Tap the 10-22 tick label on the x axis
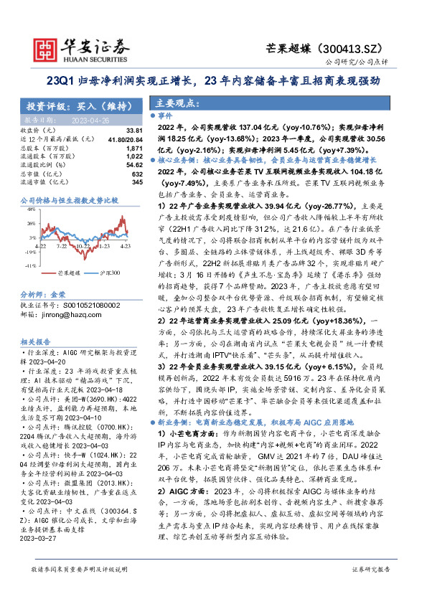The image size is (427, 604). (x=83, y=246)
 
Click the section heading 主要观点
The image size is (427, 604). (x=172, y=103)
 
